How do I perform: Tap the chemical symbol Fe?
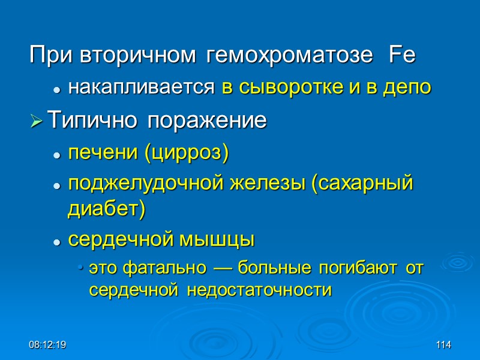[402, 57]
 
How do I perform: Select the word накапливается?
[141, 88]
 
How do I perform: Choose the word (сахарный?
[362, 184]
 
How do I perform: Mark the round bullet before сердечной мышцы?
[56, 241]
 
